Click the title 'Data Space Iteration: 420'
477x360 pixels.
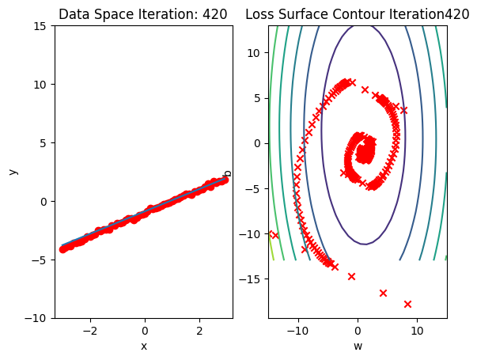[x=143, y=14]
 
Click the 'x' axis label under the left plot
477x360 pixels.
[x=144, y=346]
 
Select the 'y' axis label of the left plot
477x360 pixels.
[x=12, y=172]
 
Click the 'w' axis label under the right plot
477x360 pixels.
[x=358, y=346]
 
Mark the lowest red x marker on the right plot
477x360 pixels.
[x=407, y=304]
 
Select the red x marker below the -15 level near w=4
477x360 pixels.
[x=383, y=293]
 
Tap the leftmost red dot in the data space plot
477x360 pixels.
[x=62, y=248]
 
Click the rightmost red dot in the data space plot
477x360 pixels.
[x=225, y=180]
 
